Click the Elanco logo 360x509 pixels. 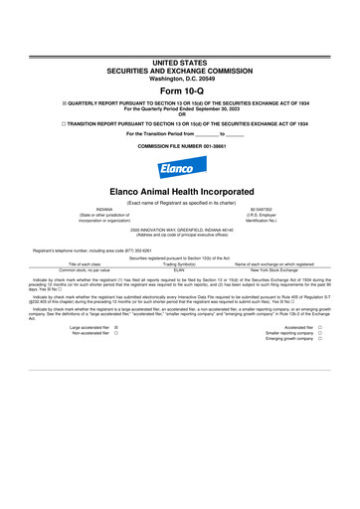tap(180, 158)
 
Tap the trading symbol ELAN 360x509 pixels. tap(179, 268)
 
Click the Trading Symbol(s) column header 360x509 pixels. tap(179, 262)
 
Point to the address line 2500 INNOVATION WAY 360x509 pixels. tap(180, 231)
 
